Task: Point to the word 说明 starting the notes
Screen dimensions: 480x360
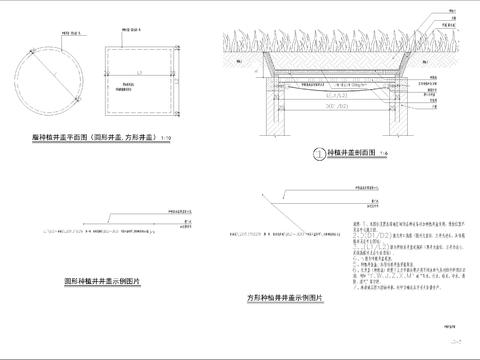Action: click(x=347, y=224)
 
